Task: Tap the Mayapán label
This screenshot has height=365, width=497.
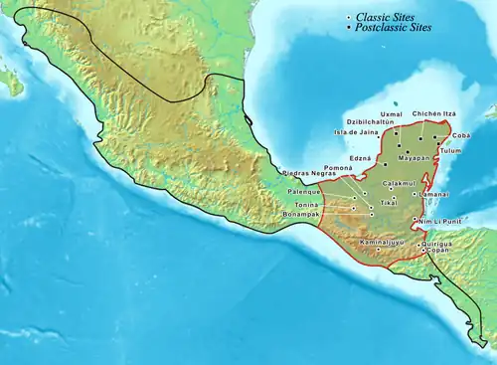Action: click(414, 157)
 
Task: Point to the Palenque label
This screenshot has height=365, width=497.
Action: click(303, 191)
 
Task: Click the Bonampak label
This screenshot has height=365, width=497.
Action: click(301, 213)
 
